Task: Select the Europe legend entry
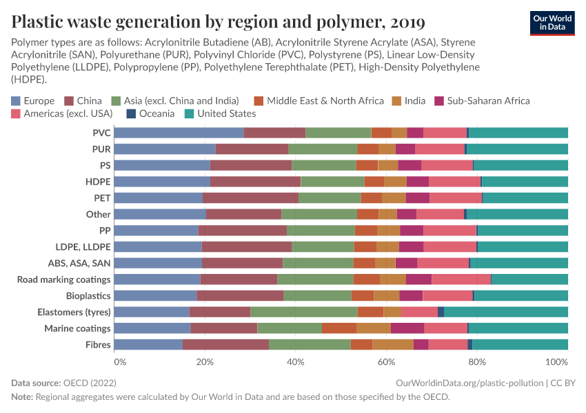point(33,100)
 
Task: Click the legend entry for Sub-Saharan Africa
point(482,100)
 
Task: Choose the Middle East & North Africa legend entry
point(318,100)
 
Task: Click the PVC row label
point(101,133)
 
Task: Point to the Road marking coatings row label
point(63,279)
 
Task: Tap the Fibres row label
point(98,344)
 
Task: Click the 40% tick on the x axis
point(295,361)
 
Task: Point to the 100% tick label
point(556,361)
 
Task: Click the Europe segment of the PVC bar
point(179,133)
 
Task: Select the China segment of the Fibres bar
point(225,344)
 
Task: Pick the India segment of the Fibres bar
point(393,344)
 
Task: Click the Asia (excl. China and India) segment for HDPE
point(332,182)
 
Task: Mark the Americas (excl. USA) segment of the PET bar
point(456,198)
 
